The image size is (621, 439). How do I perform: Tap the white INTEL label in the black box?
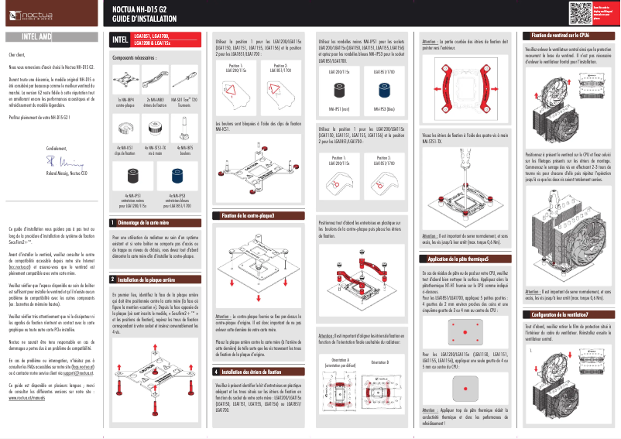[x=120, y=39]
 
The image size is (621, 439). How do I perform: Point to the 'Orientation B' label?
[x=379, y=362]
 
